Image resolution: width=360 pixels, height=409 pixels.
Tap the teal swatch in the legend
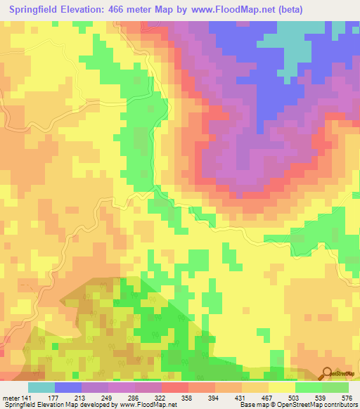click(x=41, y=387)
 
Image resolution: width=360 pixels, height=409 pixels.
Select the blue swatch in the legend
click(x=67, y=387)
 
